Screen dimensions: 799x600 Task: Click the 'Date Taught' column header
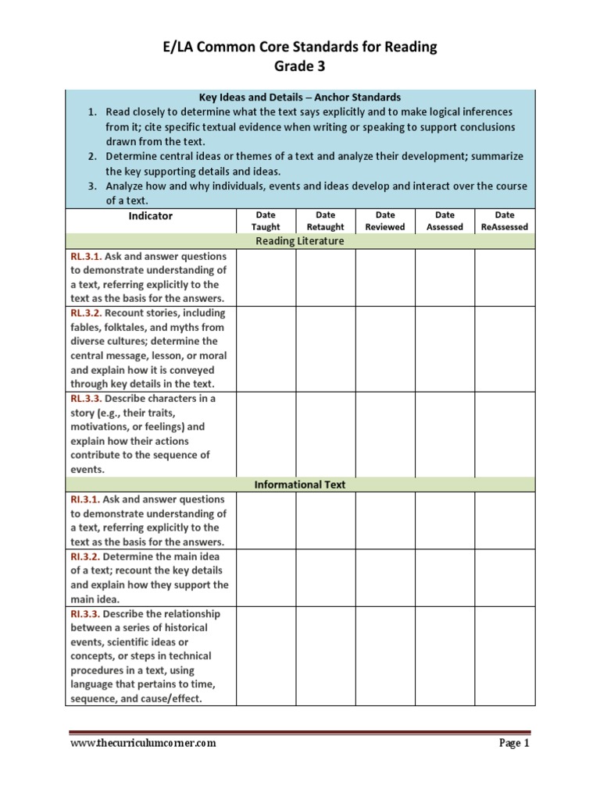pos(266,221)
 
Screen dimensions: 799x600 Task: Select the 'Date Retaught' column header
pos(326,221)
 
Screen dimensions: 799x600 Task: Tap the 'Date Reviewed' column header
pos(385,221)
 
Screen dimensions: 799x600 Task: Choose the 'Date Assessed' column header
pos(445,221)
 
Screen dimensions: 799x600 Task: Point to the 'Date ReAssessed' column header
pos(505,221)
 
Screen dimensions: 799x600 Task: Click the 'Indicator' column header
pos(151,216)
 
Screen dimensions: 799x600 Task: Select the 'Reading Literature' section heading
pos(300,241)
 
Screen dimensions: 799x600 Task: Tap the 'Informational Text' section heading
pos(300,485)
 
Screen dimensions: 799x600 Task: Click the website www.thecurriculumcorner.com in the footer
pos(143,744)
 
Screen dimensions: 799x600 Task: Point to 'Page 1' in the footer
pos(514,744)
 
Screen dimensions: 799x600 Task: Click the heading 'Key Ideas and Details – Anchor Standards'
pos(300,98)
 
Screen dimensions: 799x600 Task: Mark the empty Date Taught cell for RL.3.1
pos(266,277)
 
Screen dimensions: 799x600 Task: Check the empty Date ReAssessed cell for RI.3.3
pos(505,656)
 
